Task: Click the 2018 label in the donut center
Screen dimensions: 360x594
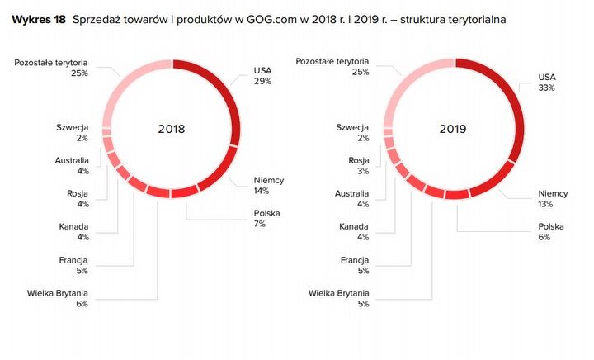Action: [172, 130]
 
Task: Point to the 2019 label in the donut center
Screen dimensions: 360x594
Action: [453, 130]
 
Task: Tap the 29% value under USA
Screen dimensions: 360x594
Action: [262, 82]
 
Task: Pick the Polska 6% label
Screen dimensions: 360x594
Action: [550, 232]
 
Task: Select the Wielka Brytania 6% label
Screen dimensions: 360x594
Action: [59, 298]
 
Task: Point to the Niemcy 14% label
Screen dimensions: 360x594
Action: [269, 185]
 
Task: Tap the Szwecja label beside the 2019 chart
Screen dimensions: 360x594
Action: [352, 126]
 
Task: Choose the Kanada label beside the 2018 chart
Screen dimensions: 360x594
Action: [73, 226]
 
